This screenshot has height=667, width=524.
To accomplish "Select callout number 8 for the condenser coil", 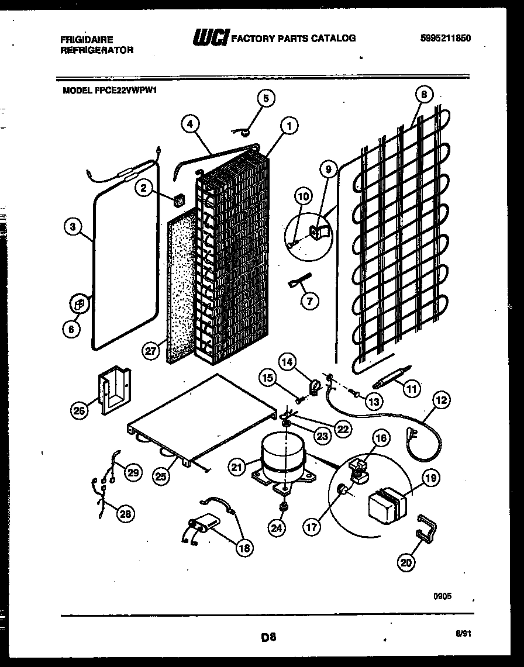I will (424, 95).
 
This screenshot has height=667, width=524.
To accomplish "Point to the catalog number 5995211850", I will (446, 39).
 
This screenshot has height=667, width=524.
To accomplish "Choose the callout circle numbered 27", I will (151, 350).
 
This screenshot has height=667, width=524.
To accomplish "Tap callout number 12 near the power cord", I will (442, 401).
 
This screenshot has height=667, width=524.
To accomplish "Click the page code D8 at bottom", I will (268, 638).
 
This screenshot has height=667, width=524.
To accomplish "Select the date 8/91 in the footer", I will (461, 633).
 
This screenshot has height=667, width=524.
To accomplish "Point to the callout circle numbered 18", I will (244, 548).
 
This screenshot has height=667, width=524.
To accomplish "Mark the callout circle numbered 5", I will (266, 98).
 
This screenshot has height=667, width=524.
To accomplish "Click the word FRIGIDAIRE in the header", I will (87, 40).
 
